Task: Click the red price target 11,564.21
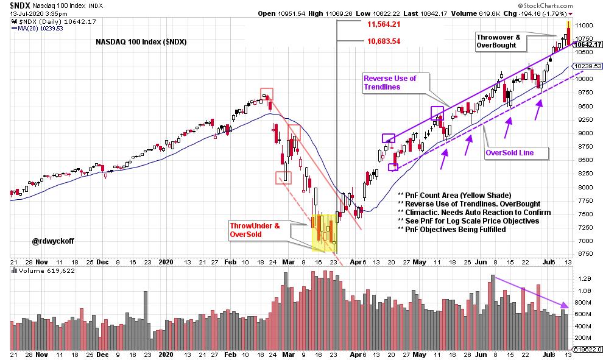[383, 24]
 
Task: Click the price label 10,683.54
[383, 41]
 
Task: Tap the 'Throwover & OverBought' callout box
[499, 41]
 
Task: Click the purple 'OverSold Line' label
[509, 153]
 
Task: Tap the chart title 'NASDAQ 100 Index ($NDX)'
[141, 42]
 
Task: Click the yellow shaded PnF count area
[323, 231]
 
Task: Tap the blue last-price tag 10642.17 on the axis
[585, 44]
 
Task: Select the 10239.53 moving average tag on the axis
[585, 66]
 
